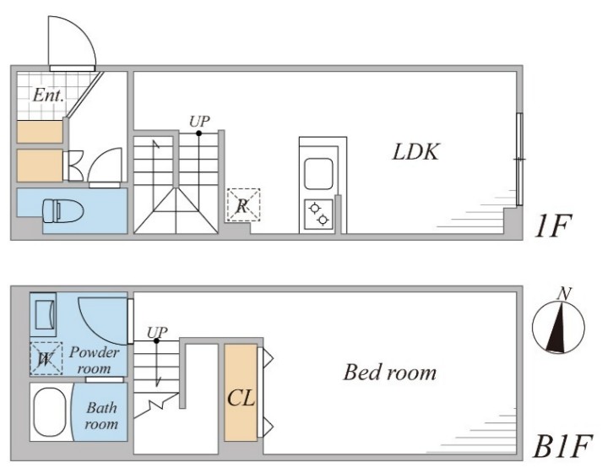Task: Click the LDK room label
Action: tap(416, 152)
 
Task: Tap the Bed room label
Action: tap(389, 373)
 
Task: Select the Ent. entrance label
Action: tap(48, 95)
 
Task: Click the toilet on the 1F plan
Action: tap(62, 210)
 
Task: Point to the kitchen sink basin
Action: tap(318, 173)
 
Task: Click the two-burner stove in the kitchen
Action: tap(318, 215)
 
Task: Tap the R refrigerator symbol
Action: tap(243, 205)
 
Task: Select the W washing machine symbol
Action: tap(46, 358)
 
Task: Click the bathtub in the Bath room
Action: tap(49, 412)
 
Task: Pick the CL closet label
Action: tap(241, 398)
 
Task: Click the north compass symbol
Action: tap(558, 326)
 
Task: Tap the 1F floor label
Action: tap(553, 226)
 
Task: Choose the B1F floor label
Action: tap(563, 446)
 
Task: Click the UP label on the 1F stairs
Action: tap(199, 122)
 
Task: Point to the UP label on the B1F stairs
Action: tap(157, 333)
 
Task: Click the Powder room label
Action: tap(95, 360)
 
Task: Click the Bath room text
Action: tap(101, 416)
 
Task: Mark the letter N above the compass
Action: tap(564, 294)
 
